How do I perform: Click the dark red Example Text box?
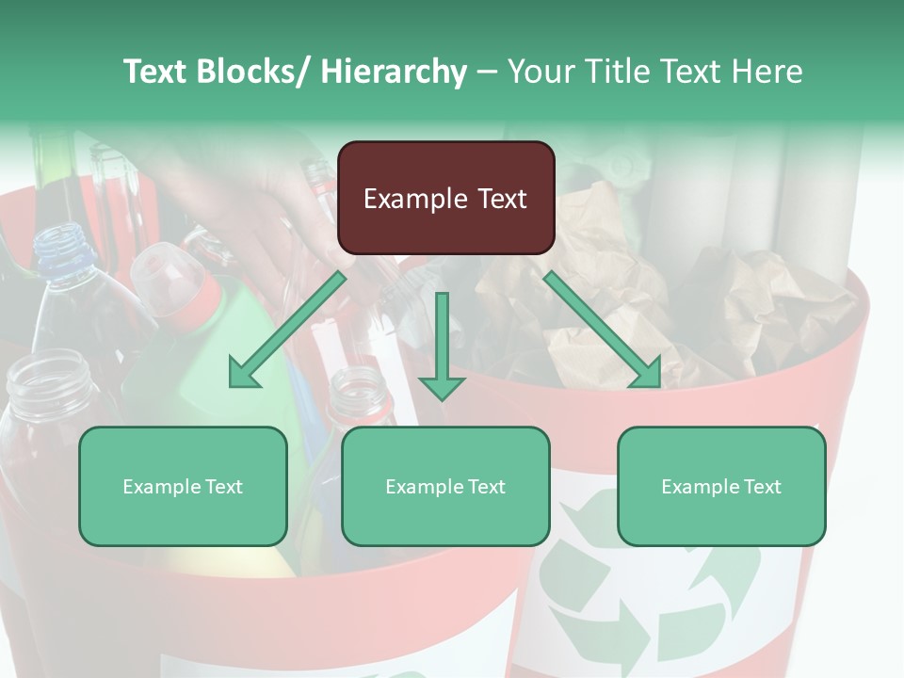[445, 198]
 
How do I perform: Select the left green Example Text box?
[183, 486]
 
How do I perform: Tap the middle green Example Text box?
[445, 486]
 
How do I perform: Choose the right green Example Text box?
[721, 486]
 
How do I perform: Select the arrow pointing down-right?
[603, 330]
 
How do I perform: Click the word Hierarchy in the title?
[393, 72]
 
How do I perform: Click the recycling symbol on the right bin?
[650, 574]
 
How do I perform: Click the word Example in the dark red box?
[413, 199]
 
